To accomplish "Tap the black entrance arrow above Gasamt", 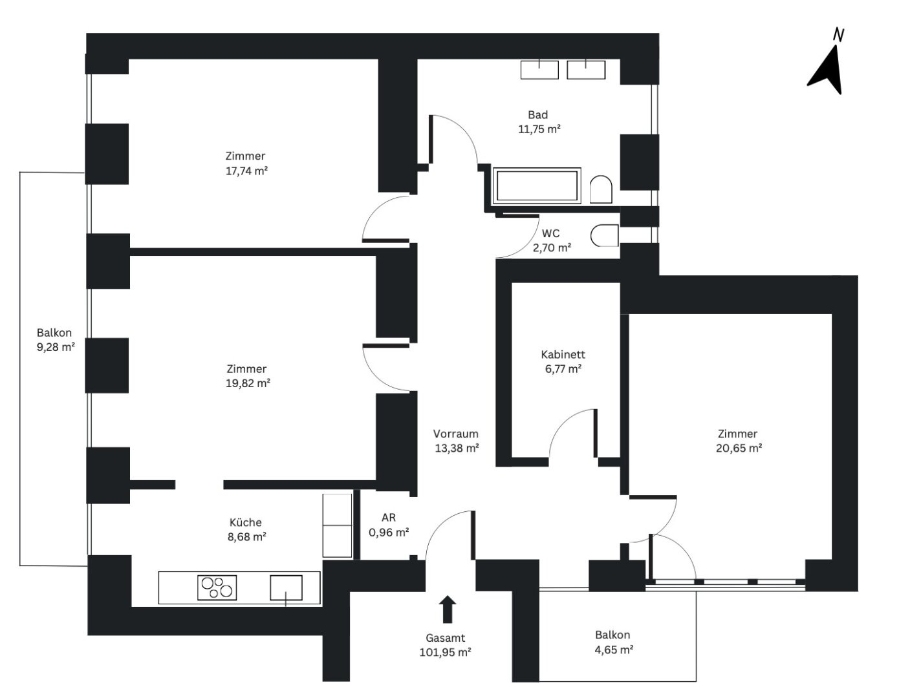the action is tap(448, 609).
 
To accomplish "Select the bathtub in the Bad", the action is tap(536, 185).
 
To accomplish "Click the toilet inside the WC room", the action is tap(604, 236).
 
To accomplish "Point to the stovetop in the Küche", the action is tap(217, 587).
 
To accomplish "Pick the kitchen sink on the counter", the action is tap(286, 588).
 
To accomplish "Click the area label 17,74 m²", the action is tap(246, 171).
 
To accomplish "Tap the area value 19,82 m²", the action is tap(248, 383).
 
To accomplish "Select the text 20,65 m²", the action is tap(739, 448).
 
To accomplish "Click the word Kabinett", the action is tap(563, 354).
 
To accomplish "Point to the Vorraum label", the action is tap(455, 434).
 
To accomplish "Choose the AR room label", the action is tap(388, 518).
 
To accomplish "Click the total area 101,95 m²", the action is tap(446, 652).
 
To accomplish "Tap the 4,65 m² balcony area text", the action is tap(614, 650).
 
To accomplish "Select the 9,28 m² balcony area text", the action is tap(56, 347).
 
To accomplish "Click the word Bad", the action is tap(537, 114).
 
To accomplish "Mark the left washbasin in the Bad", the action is tap(539, 69).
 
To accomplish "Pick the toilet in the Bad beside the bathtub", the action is tap(601, 189).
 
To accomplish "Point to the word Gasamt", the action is tap(445, 638).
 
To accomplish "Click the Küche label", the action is tap(245, 522).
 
